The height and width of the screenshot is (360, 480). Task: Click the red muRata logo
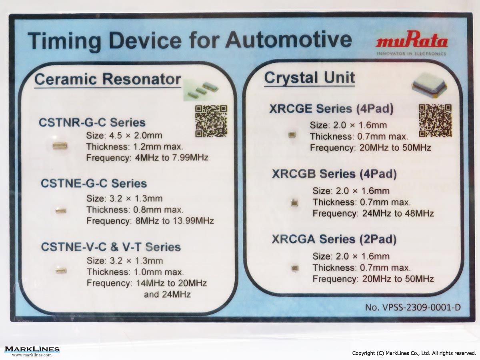coord(412,40)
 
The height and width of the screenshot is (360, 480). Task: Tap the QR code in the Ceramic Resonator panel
coord(211,121)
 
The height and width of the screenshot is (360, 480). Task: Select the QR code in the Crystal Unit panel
coord(435,121)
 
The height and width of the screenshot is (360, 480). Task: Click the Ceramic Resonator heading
coord(108,79)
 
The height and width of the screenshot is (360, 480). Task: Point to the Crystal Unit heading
coord(310,78)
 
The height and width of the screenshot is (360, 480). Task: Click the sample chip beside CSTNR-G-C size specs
coord(60,146)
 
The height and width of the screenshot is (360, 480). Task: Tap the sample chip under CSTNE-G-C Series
coord(61,210)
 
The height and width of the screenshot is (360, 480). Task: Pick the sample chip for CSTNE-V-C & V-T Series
coord(61,270)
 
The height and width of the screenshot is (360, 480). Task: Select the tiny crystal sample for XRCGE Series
coord(292,135)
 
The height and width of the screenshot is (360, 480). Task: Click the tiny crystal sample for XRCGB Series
coord(294,203)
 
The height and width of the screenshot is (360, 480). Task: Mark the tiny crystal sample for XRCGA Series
coord(295,268)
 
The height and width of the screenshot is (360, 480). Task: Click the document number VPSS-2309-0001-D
coord(413,308)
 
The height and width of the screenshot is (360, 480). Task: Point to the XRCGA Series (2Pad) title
coord(334,239)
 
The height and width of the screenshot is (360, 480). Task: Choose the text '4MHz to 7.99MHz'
coord(172,158)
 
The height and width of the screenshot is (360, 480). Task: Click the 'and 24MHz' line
coord(167,294)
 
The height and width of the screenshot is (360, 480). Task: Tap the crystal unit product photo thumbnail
coord(429,86)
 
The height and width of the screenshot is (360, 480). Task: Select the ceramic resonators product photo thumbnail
coord(201,90)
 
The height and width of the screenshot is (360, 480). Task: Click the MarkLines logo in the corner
coord(32,351)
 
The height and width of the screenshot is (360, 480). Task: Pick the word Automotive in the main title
coord(289,40)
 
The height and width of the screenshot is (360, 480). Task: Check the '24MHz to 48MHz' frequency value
coord(398,213)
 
